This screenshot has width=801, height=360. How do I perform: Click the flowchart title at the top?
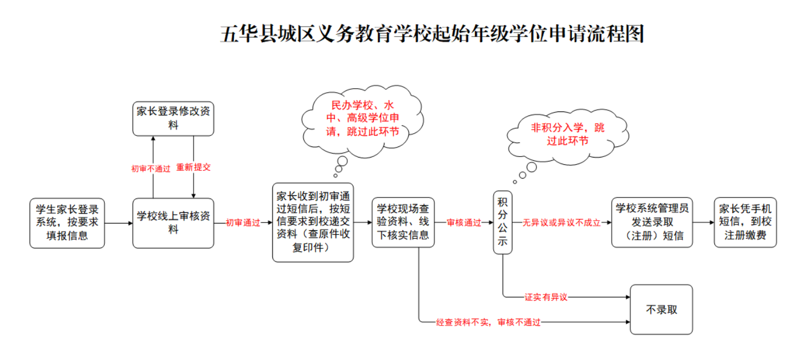coord(432,34)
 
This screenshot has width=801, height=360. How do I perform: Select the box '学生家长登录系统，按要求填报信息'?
coord(67,223)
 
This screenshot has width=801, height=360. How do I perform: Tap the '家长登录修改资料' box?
coord(173,118)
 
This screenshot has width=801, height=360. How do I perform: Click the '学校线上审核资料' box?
coord(173,223)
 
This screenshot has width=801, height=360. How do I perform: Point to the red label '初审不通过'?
coord(151,169)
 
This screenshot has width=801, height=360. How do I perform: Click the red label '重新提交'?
coord(194,167)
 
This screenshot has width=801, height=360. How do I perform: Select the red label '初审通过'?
coord(243,223)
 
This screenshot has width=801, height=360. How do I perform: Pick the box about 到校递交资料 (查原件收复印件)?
coord(313,222)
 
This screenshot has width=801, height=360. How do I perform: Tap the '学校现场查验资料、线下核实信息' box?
coord(403,222)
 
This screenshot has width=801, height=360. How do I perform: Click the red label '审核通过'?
coord(464,223)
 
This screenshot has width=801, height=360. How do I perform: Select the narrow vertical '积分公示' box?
coord(503,222)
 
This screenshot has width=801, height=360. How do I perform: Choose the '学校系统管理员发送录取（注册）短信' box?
coord(652,222)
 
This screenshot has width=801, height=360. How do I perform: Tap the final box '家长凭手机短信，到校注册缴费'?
coord(745,222)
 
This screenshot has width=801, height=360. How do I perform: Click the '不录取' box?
coord(661,310)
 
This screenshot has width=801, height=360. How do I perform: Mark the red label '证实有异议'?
coord(546,297)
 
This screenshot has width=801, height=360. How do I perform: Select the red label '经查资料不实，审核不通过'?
coord(488,322)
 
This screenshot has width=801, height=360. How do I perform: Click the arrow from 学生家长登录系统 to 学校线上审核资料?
coord(118,223)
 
